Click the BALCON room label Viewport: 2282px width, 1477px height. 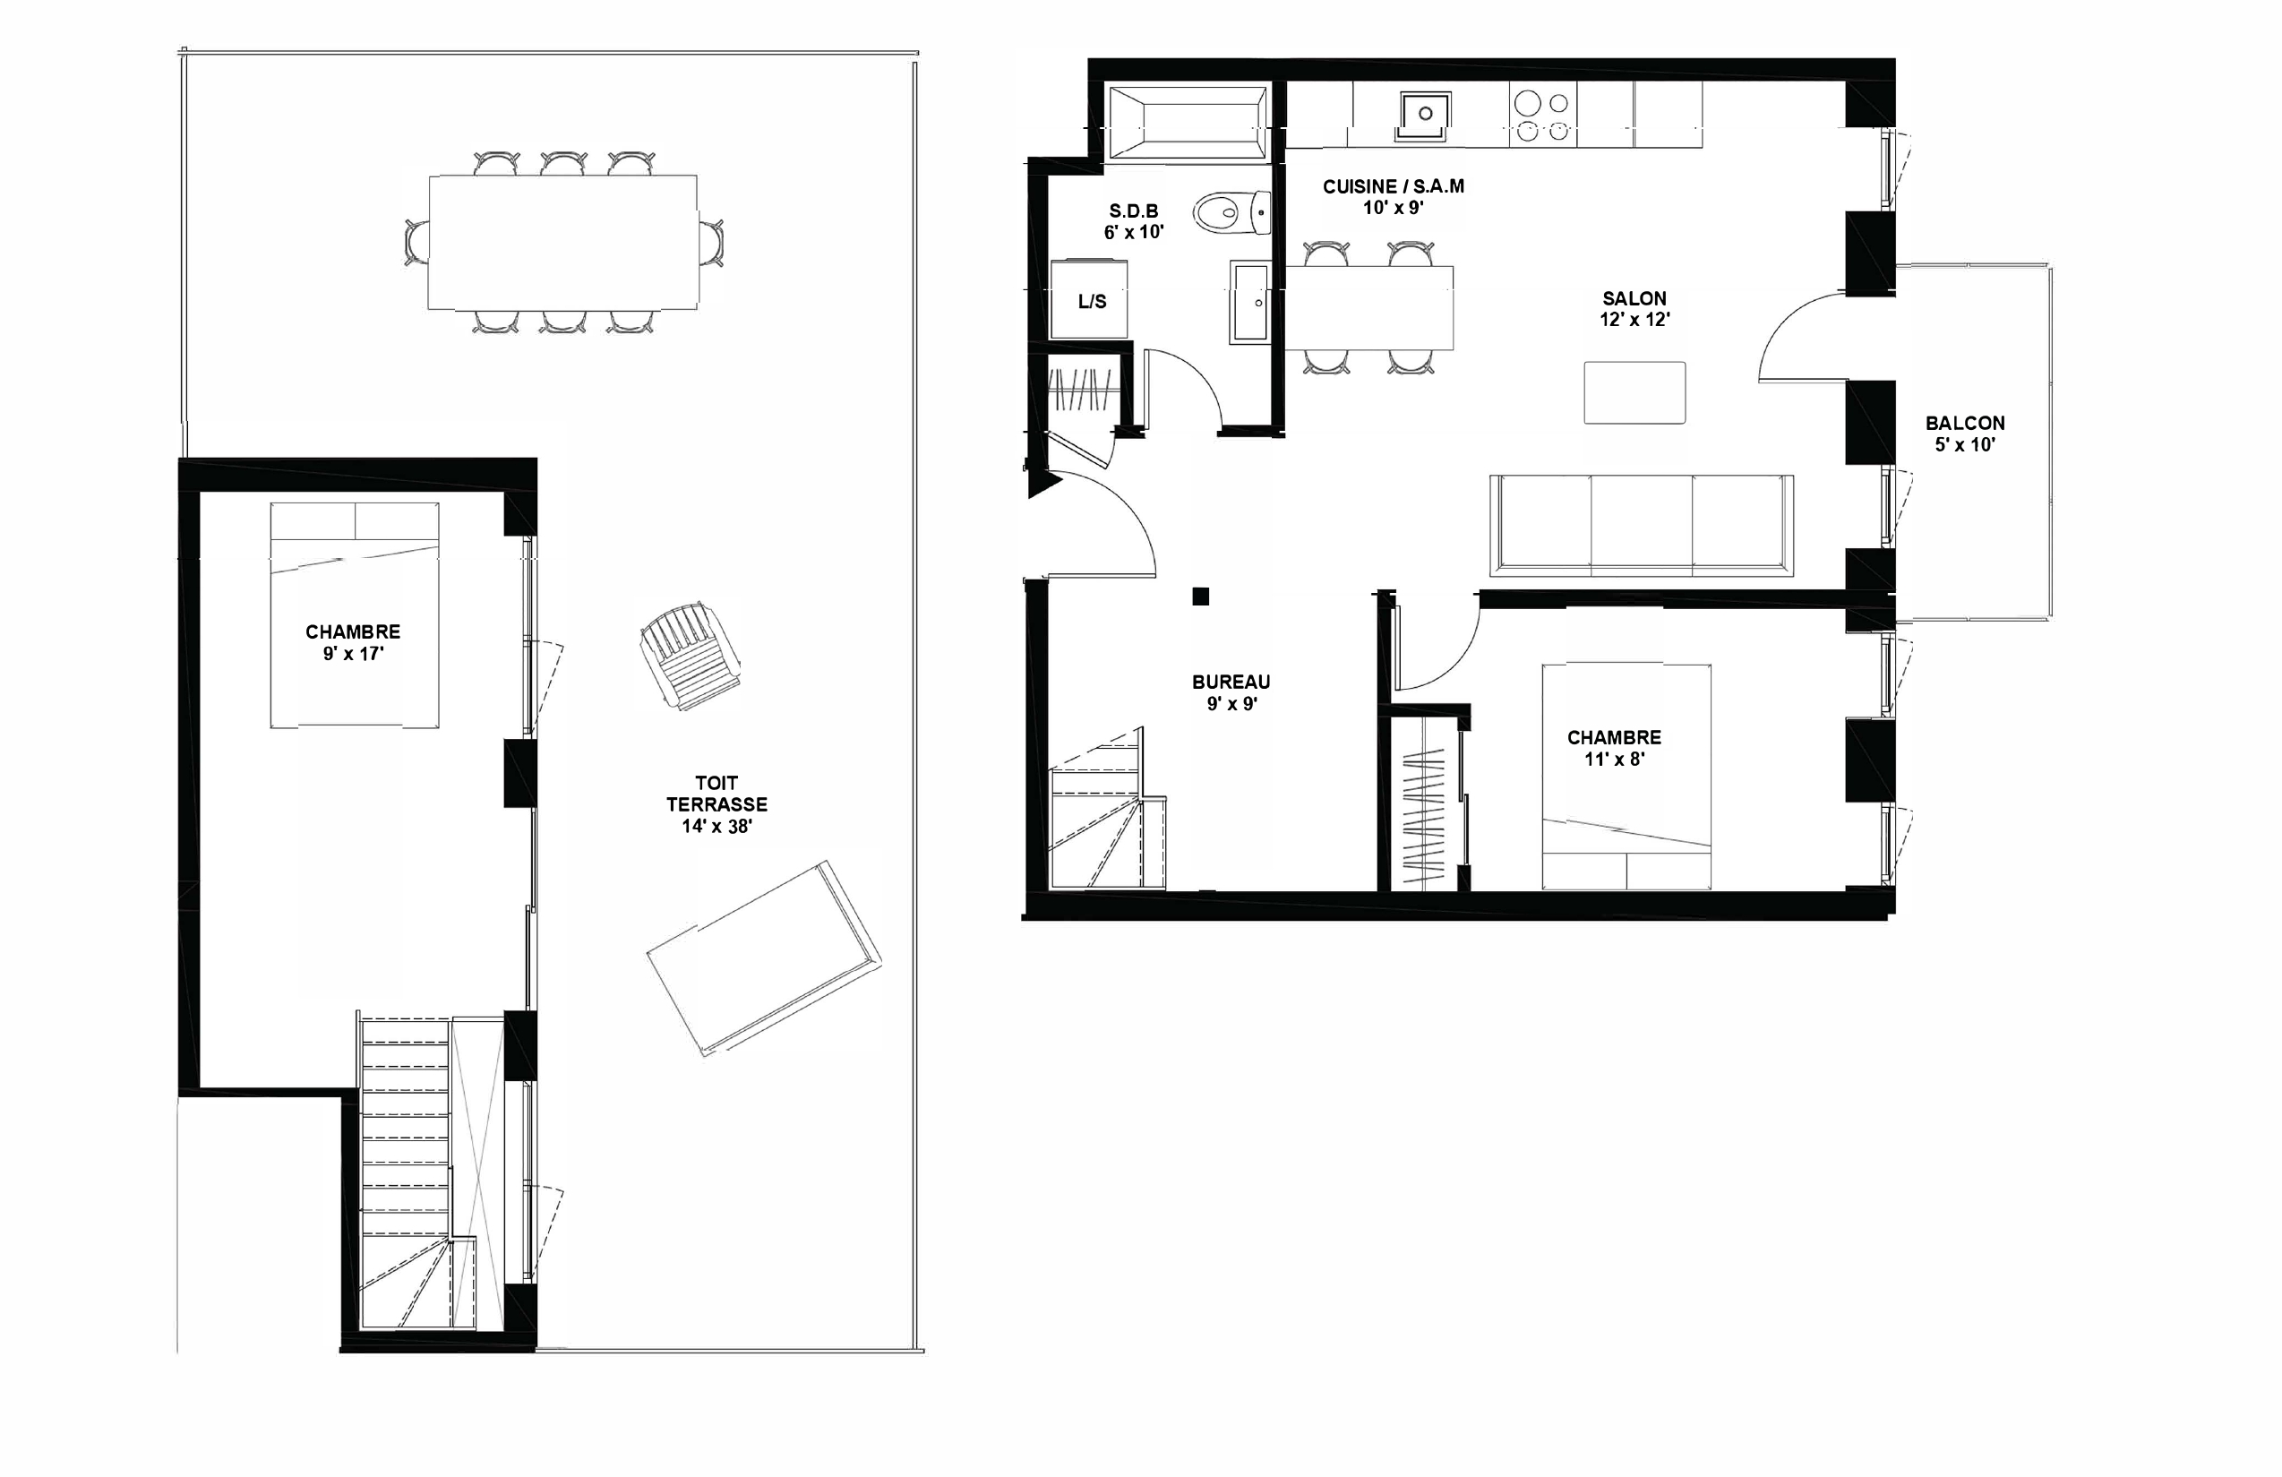click(x=1965, y=423)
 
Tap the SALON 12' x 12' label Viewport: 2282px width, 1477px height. click(x=1634, y=309)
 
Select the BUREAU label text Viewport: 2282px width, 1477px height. click(x=1231, y=682)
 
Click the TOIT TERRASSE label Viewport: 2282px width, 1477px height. click(x=717, y=794)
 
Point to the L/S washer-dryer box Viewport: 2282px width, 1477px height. click(x=1089, y=298)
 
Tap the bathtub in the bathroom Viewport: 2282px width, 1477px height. click(x=1188, y=122)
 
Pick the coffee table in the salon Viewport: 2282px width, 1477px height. click(x=1634, y=392)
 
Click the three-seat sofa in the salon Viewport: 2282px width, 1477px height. click(x=1642, y=526)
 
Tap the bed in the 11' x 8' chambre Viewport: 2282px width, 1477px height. click(x=1626, y=777)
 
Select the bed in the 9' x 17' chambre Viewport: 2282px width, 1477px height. click(x=355, y=614)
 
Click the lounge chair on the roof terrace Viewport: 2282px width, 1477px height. click(x=690, y=656)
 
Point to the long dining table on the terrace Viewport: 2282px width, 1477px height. click(x=562, y=243)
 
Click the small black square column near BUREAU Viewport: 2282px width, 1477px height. click(x=1200, y=597)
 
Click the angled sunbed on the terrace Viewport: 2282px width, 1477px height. click(x=764, y=958)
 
